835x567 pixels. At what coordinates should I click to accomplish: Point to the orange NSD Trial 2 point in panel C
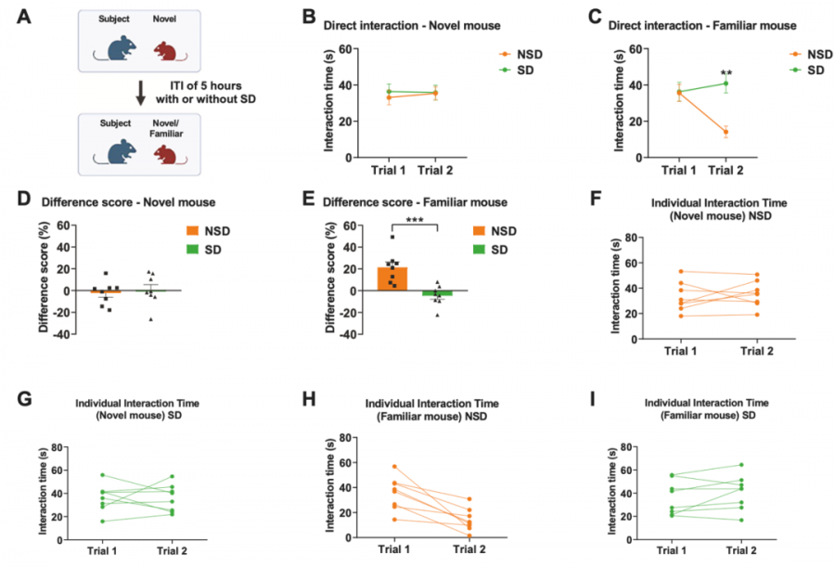tap(725, 132)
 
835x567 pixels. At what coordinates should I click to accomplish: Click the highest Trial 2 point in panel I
tap(740, 465)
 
